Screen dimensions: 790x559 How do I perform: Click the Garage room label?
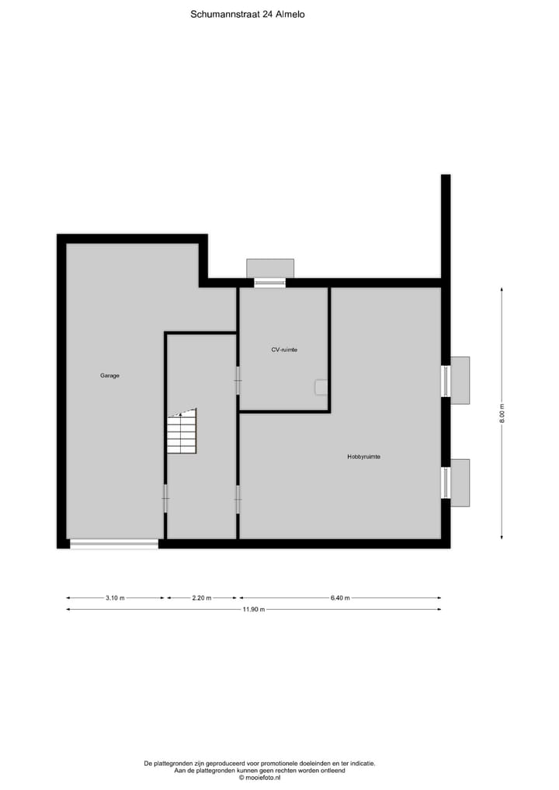109,375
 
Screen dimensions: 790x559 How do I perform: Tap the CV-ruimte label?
284,350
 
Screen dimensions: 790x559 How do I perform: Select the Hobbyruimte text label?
363,457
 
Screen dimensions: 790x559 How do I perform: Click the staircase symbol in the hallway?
182,432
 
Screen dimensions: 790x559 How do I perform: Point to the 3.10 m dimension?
114,598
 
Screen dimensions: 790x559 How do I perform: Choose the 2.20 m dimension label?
200,598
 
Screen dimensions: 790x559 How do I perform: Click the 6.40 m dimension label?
340,598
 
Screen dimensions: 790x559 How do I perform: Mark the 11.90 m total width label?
254,610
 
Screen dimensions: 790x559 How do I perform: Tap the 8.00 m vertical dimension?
502,413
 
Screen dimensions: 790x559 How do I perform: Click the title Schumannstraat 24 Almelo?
247,13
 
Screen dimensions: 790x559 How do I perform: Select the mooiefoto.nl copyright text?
259,778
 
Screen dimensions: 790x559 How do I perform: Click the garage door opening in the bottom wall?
114,544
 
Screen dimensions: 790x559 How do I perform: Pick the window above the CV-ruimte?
269,283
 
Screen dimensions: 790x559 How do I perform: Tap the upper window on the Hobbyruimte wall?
446,381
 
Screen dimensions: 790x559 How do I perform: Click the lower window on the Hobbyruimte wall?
446,482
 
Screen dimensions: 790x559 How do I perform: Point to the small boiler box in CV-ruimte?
321,386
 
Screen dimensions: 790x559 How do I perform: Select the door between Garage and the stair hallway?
165,499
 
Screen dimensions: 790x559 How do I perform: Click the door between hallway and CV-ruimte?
238,381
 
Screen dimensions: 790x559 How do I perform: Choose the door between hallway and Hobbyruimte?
238,499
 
